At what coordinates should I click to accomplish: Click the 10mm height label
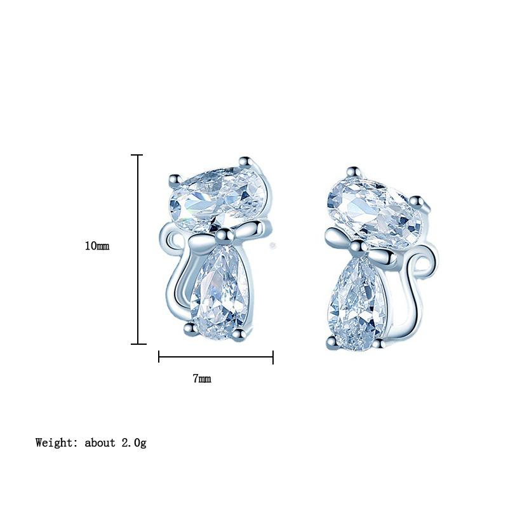97,246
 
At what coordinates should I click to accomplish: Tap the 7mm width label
202,378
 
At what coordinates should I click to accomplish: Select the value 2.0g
134,443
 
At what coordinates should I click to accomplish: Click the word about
100,443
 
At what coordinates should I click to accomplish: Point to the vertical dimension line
138,250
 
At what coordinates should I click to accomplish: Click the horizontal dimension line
216,358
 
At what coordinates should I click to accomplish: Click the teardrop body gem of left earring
220,292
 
